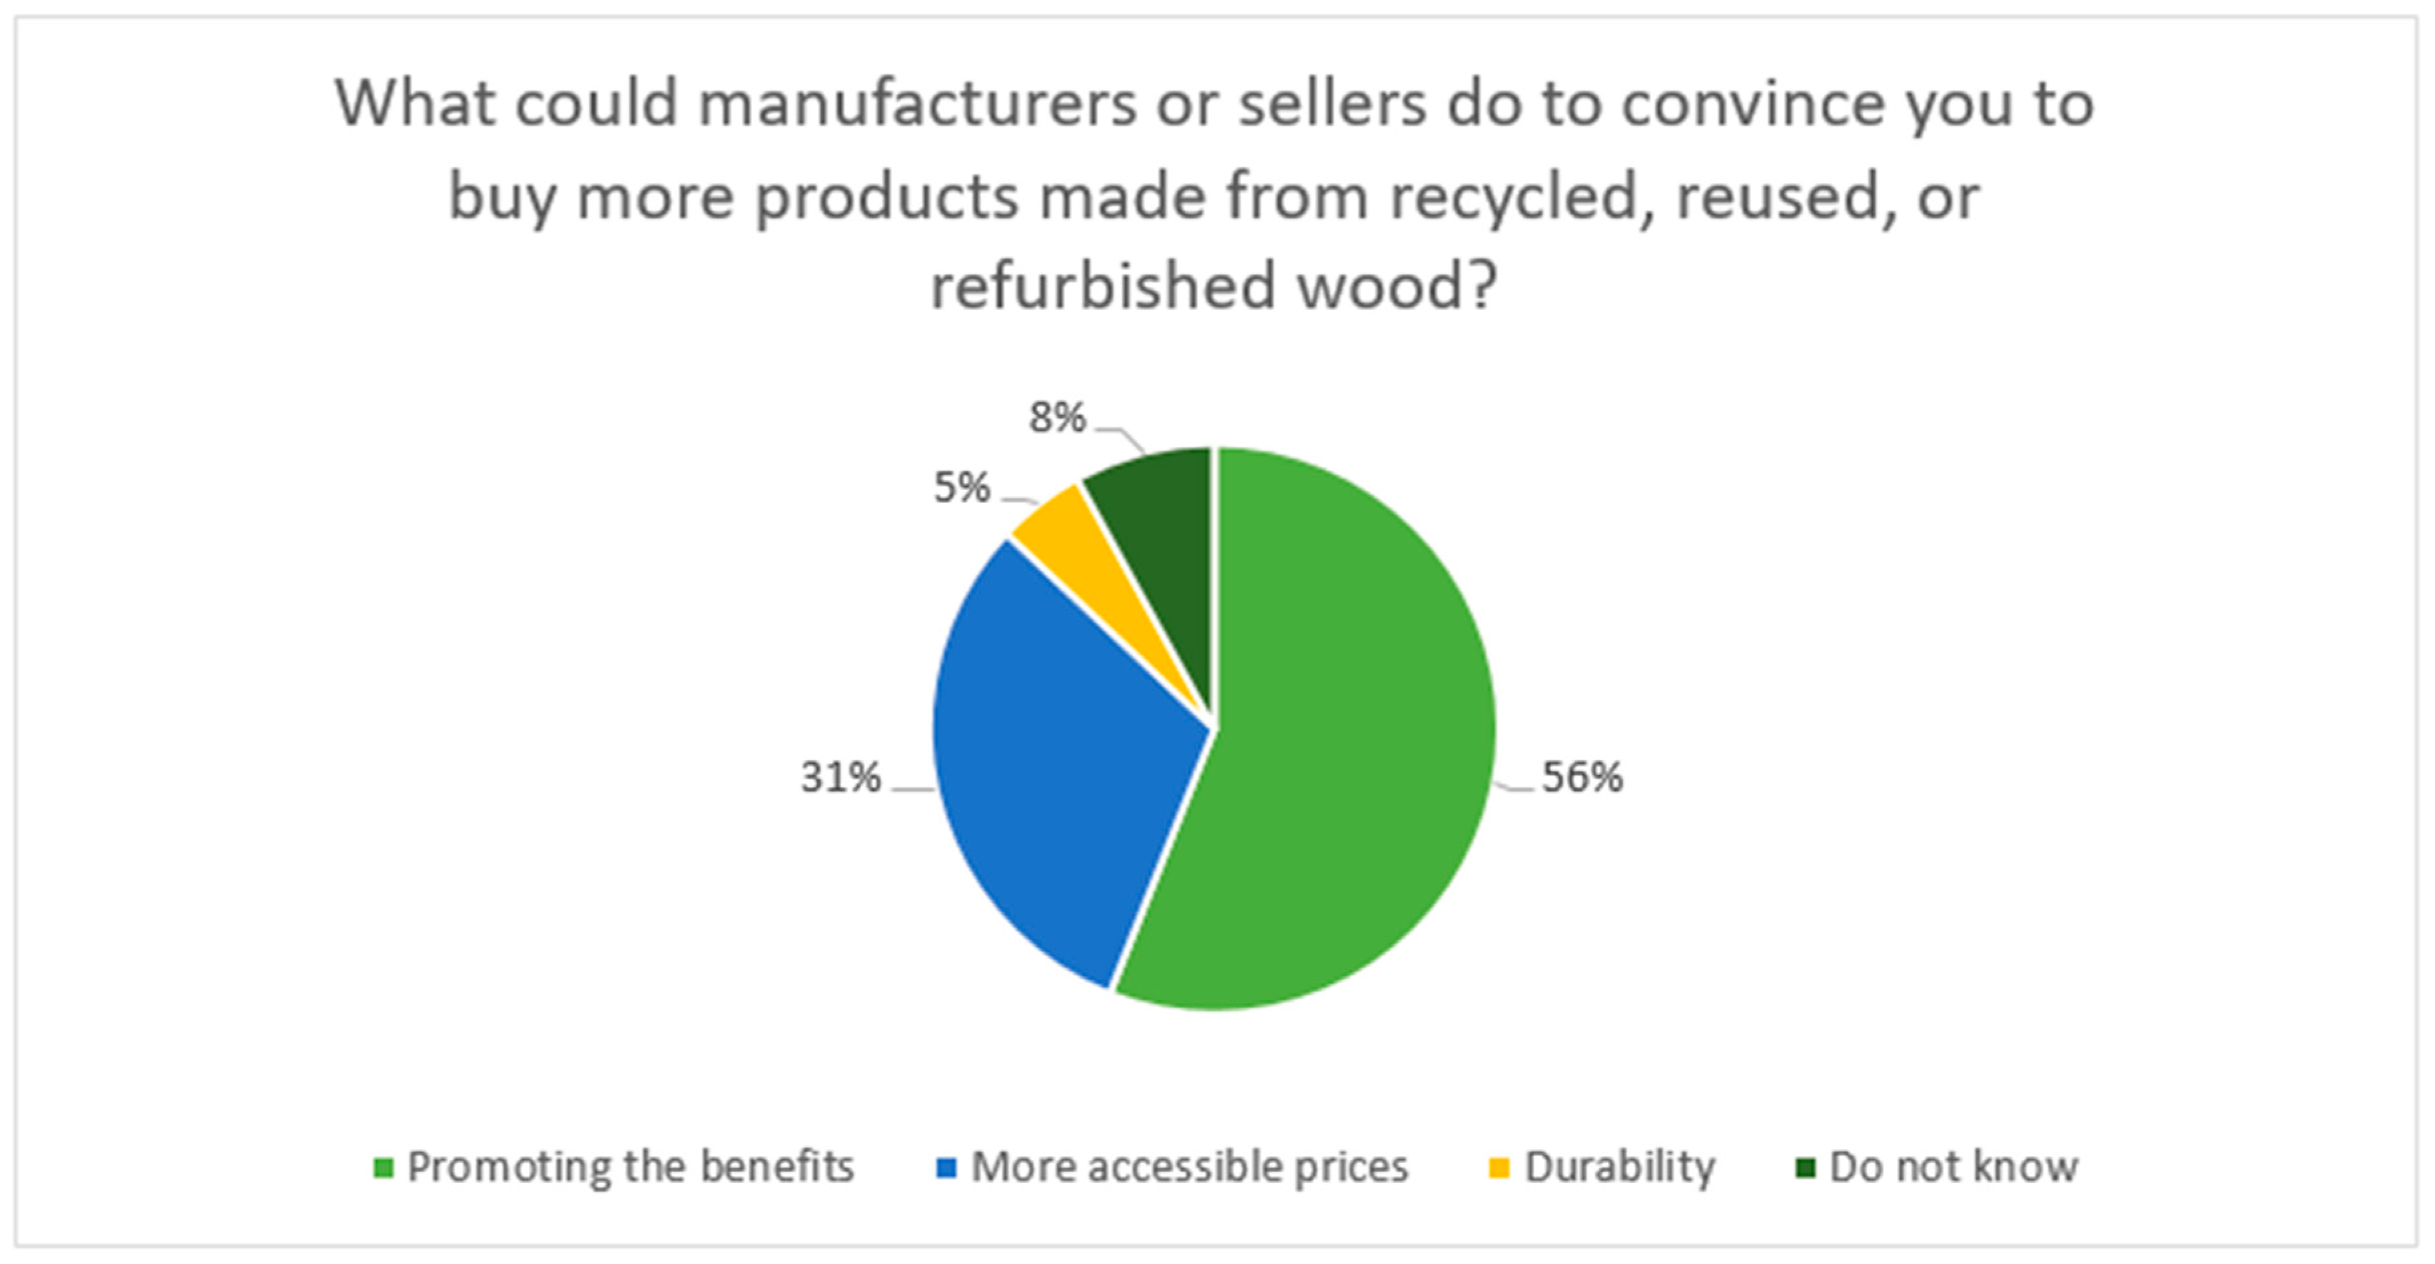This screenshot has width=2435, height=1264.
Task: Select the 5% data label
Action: tap(961, 488)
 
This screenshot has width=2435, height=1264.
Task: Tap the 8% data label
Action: tap(1057, 417)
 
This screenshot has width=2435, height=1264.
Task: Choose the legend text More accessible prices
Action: tap(1189, 1167)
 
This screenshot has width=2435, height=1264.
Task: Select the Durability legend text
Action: tap(1619, 1167)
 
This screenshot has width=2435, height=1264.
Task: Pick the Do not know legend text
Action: tap(1953, 1167)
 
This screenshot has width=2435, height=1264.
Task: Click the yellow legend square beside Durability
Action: tap(1499, 1169)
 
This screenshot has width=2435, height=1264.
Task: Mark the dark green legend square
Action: tap(1806, 1169)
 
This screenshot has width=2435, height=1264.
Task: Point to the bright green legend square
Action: tap(383, 1169)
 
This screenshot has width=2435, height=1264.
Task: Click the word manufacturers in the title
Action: tap(917, 104)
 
